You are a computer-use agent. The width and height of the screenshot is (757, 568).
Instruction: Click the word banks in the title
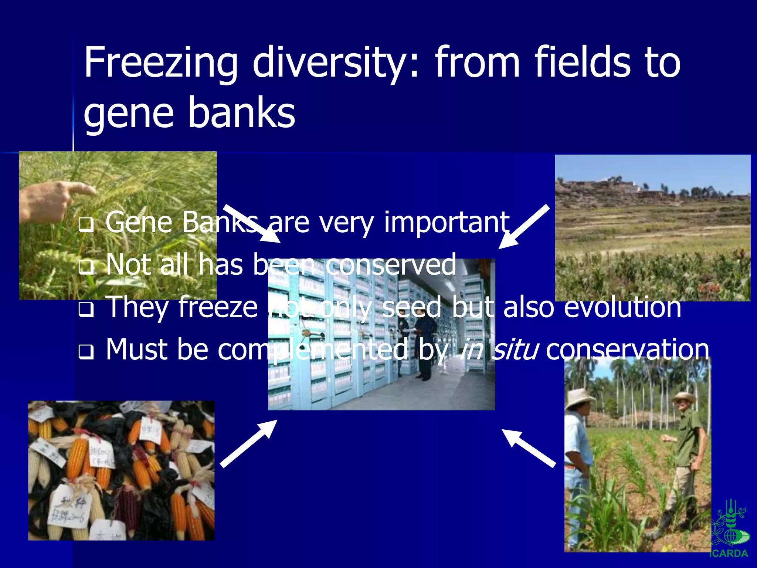pyautogui.click(x=242, y=112)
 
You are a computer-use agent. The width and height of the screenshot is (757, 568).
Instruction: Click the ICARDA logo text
pyautogui.click(x=729, y=554)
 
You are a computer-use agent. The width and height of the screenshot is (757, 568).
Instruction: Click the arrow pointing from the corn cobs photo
pyautogui.click(x=248, y=444)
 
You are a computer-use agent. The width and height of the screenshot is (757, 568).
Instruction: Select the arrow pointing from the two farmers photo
pyautogui.click(x=529, y=448)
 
